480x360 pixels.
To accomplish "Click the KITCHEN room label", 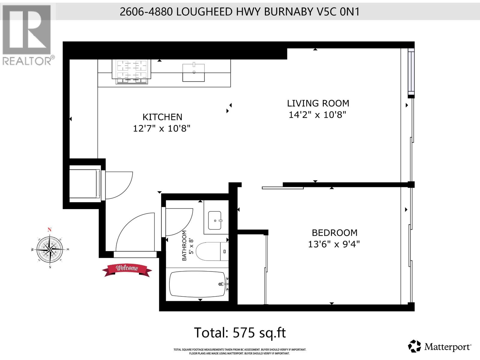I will coord(162,117).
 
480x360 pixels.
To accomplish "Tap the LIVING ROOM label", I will coord(318,103).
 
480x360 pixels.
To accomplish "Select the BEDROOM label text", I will coord(334,233).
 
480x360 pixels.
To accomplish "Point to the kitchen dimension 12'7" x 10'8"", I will coord(162,129).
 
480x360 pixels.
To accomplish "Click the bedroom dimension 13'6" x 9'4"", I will coord(334,244).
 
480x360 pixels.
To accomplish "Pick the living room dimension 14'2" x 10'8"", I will coord(317,115).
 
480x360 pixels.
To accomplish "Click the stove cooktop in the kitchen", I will coord(132,71).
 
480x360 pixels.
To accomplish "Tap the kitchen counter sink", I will coord(194,72).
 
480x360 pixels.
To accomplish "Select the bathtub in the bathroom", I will coord(197,284).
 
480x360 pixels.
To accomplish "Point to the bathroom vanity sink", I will coord(215,220).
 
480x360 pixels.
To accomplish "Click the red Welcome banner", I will coord(127,269).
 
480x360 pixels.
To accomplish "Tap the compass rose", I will coord(50,249).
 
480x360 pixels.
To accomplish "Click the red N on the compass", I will coord(49,230).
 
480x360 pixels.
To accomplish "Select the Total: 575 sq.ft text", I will coord(240,333).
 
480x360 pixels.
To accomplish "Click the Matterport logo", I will coord(440,347).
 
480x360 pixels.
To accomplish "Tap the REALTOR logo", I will coord(27,34).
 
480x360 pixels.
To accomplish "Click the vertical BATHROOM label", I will coord(184,245).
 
